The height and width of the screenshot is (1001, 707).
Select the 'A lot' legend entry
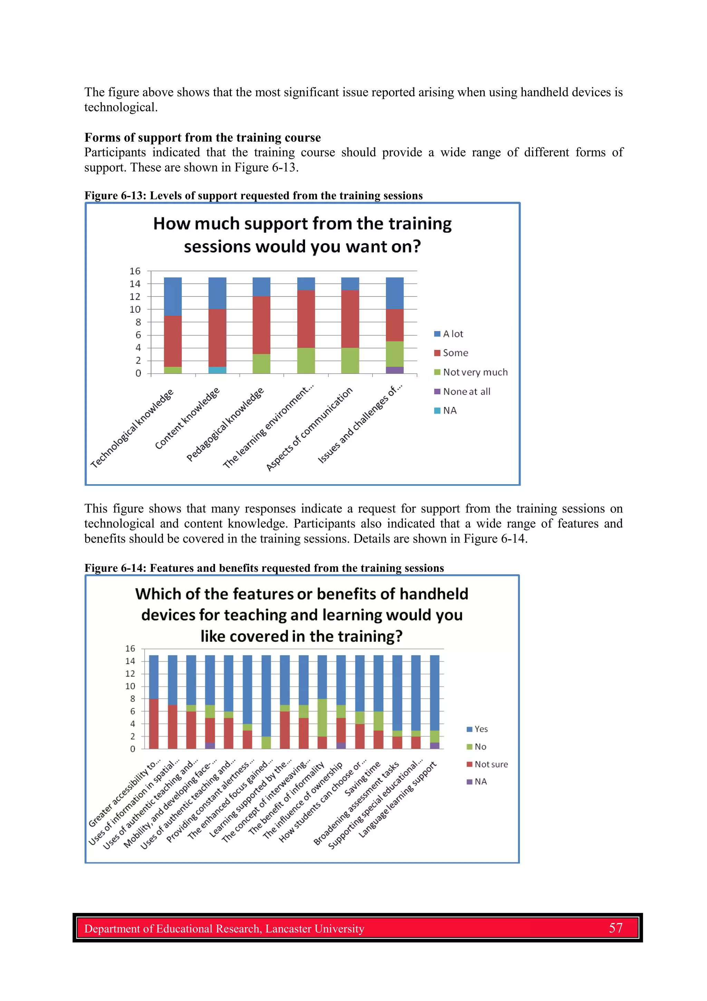coord(452,334)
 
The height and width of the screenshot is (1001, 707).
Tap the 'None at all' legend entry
coord(466,391)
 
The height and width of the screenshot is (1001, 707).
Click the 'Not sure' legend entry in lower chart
coord(491,764)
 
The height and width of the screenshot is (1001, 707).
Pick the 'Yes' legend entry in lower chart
coord(481,729)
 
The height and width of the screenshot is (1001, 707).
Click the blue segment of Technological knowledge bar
coord(173,296)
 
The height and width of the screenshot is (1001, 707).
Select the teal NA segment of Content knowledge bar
coord(217,370)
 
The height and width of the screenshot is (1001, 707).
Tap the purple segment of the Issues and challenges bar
coord(395,370)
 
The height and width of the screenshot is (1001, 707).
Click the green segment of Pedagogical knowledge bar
coord(261,363)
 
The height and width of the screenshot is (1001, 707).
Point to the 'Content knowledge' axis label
coord(187,418)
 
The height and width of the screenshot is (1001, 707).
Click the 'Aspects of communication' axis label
coord(309,429)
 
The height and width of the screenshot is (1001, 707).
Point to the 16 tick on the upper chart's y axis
coord(135,271)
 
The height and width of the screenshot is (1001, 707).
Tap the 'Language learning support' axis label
coord(397,800)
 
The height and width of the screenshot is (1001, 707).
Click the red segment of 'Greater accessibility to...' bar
coord(154,724)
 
